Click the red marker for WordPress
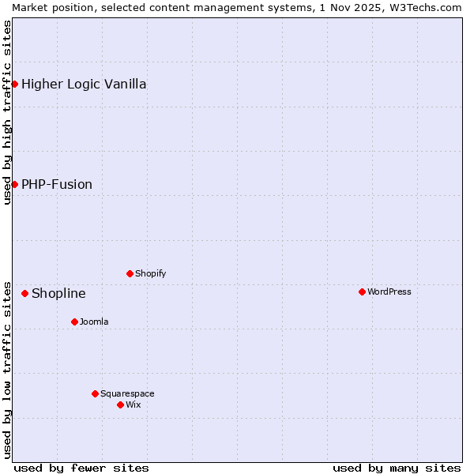(362, 292)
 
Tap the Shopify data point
(130, 273)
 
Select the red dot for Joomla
(74, 322)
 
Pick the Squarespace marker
(95, 393)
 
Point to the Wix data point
(120, 404)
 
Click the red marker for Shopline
(24, 293)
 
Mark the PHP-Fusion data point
(14, 184)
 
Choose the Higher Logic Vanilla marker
(14, 84)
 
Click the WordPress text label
(389, 292)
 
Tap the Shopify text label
(150, 273)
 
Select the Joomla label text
(94, 322)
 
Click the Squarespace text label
(127, 393)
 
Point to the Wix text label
(133, 404)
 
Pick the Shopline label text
(58, 293)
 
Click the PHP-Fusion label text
(57, 184)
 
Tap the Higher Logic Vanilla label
(84, 84)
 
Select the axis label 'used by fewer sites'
(81, 468)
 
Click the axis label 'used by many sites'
(397, 468)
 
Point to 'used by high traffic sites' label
(7, 112)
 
